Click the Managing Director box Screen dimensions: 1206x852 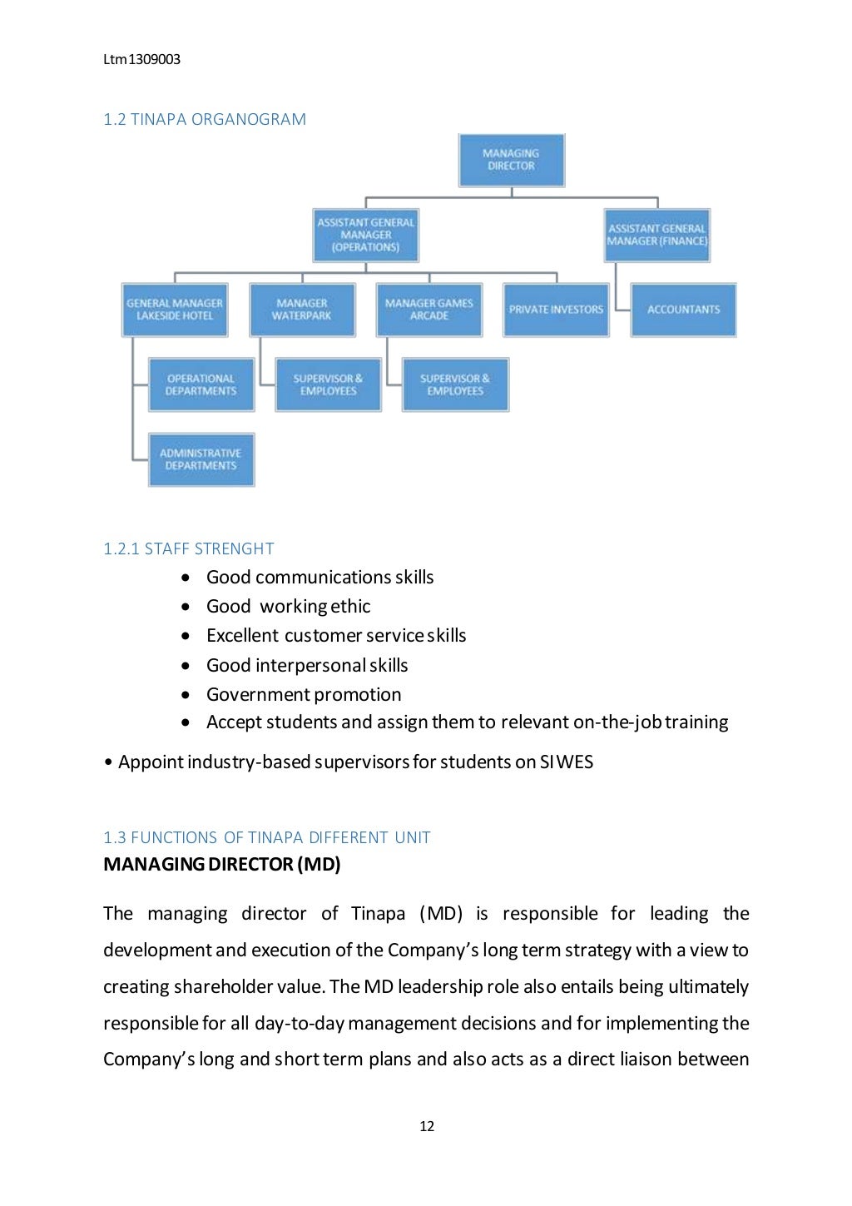point(511,160)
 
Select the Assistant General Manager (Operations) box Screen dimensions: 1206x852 point(366,235)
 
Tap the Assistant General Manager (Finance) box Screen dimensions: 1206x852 point(657,235)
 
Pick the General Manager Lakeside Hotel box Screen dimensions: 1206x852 point(175,310)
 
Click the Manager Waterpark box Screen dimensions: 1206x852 point(302,310)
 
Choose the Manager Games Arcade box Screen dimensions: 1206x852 point(429,310)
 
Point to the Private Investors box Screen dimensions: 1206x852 point(556,310)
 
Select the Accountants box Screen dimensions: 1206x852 point(683,310)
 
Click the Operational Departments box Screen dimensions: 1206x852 point(201,385)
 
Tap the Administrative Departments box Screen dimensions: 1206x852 point(201,459)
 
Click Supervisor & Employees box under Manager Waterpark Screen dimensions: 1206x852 point(328,385)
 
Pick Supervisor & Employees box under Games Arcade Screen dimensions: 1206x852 point(455,385)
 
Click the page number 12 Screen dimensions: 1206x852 point(427,1126)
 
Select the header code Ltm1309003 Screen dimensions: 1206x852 point(141,59)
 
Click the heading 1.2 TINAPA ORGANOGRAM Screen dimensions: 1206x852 point(205,119)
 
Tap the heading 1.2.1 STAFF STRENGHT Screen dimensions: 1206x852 point(189,548)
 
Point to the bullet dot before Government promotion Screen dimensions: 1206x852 point(186,695)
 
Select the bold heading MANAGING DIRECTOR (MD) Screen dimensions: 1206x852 point(222,864)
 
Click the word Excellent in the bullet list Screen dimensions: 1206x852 point(242,635)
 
